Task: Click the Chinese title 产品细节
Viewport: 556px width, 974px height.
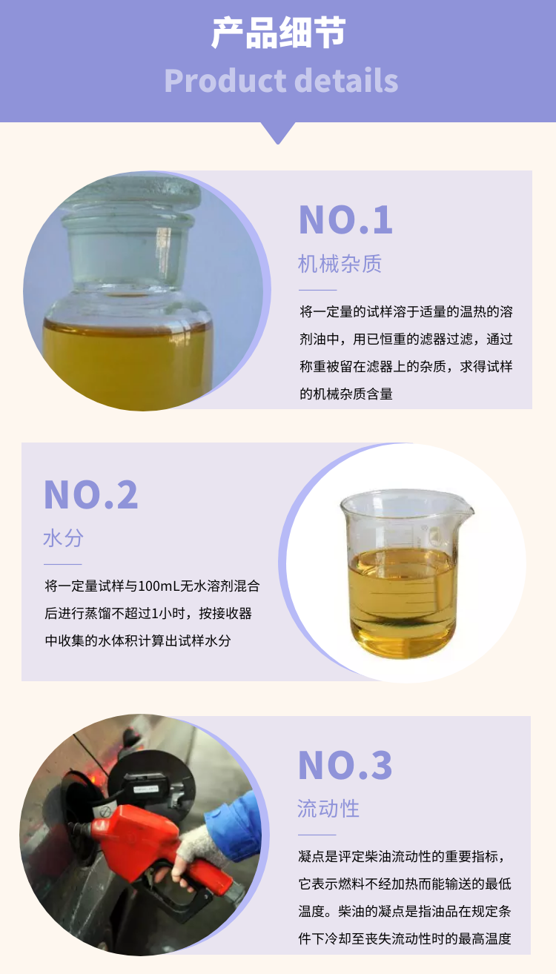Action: [278, 32]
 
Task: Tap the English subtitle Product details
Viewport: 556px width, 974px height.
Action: [281, 81]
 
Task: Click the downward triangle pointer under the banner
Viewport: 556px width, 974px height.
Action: [278, 133]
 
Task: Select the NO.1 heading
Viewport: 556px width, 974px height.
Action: [345, 220]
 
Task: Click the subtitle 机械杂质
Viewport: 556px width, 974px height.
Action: [340, 264]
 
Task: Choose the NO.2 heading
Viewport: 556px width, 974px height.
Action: [91, 494]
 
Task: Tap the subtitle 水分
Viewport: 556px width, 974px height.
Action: [63, 538]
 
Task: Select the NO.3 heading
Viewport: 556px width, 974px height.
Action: [345, 765]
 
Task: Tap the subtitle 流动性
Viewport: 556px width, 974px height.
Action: [328, 809]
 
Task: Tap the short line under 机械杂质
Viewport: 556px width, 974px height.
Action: [318, 290]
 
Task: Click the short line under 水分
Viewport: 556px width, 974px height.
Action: [63, 564]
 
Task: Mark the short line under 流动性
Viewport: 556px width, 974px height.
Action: [317, 835]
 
